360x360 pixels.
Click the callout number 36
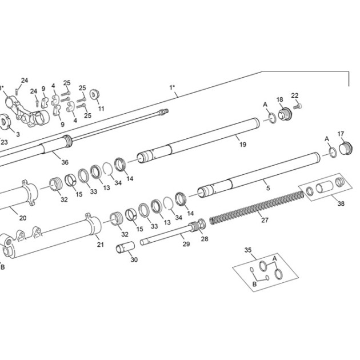click(65, 162)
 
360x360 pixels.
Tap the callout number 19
click(243, 145)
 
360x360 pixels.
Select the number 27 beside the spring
click(265, 220)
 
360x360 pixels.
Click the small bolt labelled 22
click(297, 106)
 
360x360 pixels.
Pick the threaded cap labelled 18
click(285, 114)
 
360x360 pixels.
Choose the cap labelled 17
click(346, 149)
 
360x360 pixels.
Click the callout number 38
click(341, 203)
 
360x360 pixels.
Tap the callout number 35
click(248, 250)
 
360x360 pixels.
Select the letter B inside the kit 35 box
click(254, 284)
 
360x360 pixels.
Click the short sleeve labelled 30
click(125, 247)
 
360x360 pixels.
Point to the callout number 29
click(186, 244)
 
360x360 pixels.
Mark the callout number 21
click(101, 245)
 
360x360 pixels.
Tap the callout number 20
click(23, 218)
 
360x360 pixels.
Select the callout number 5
click(268, 188)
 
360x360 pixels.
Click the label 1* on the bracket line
click(172, 87)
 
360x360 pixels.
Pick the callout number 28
click(205, 239)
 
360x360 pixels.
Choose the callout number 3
click(18, 134)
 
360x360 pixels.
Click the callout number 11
click(101, 109)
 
